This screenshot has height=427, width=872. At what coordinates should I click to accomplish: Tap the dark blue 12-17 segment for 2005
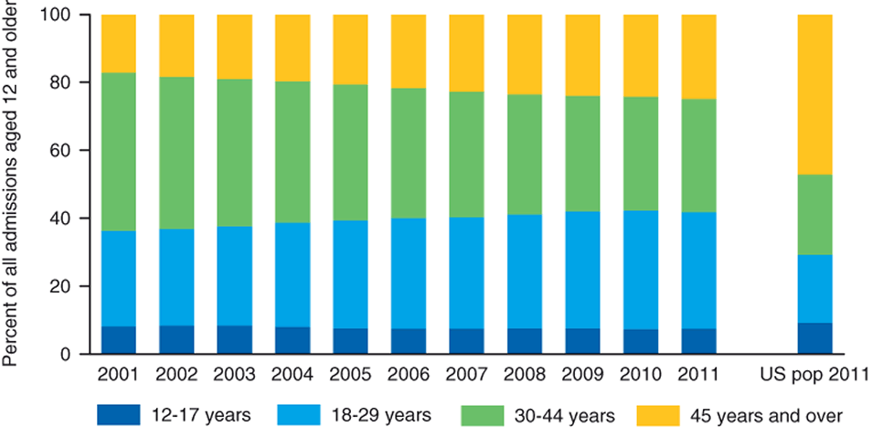pyautogui.click(x=350, y=340)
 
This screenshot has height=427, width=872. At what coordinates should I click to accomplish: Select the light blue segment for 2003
pyautogui.click(x=234, y=275)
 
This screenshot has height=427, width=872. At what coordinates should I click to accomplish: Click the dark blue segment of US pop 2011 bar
pyautogui.click(x=814, y=337)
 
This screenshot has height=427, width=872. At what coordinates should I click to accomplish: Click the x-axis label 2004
pyautogui.click(x=292, y=374)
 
